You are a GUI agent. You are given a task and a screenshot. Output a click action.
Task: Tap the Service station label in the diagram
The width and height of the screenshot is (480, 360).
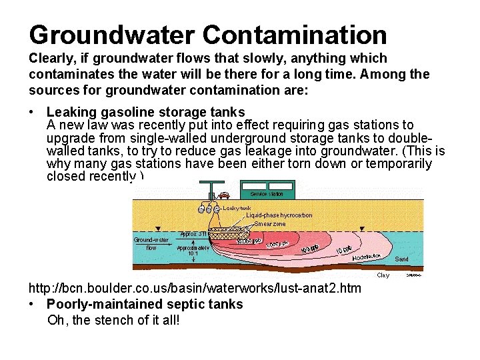pos(267,194)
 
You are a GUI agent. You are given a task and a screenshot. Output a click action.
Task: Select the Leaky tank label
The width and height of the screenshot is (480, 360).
pos(237,207)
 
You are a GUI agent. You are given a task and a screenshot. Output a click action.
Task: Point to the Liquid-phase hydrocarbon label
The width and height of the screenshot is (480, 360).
pos(279,215)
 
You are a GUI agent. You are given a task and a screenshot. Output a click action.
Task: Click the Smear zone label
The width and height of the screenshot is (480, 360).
pos(270,224)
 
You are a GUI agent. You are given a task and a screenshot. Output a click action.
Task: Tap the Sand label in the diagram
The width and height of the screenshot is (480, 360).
pos(402,259)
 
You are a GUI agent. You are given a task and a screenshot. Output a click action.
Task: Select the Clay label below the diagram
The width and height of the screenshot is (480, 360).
pos(383,275)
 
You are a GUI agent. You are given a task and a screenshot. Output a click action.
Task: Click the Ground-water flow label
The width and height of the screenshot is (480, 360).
pos(151,243)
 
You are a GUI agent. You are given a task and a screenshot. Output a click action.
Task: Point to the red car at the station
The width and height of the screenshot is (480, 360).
pos(225,196)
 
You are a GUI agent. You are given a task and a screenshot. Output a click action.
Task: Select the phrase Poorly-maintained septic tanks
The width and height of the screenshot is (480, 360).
pos(145,305)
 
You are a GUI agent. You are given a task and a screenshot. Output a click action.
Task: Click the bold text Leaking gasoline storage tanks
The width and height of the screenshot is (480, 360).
pos(146,112)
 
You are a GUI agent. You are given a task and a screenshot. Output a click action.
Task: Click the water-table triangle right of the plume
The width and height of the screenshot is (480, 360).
pos(360,229)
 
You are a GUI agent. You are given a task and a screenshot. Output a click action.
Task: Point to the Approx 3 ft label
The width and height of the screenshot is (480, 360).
pos(193,235)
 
